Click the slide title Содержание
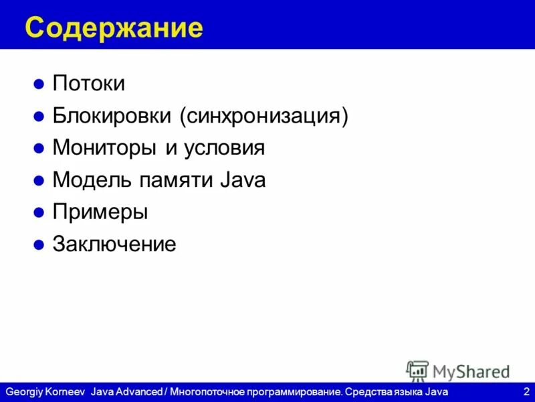(114, 28)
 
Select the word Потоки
(89, 84)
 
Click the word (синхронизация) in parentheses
(263, 116)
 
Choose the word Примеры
(100, 212)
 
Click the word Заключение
(114, 244)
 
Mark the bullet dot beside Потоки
(39, 84)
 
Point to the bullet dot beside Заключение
(39, 245)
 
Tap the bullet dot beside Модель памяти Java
(39, 181)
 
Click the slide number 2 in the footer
(526, 391)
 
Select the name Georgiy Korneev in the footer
(45, 391)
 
